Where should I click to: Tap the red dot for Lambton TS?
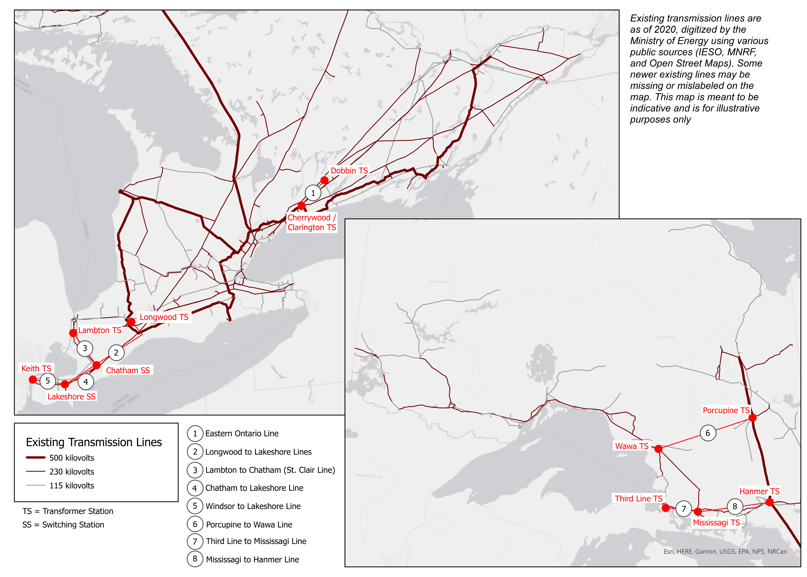tap(73, 333)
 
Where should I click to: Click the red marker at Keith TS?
tap(33, 379)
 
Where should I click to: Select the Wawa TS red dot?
tap(658, 449)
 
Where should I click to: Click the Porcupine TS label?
tap(726, 410)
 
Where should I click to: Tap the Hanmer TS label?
tap(759, 491)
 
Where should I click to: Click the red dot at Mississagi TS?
tap(698, 512)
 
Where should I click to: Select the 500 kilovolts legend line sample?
tap(36, 458)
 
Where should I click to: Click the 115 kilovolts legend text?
tap(72, 486)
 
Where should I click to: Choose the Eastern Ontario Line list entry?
tap(242, 433)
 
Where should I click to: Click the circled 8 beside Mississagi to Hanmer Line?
tap(195, 559)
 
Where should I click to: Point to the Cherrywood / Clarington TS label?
tap(312, 222)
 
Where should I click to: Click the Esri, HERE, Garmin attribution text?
tap(725, 551)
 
